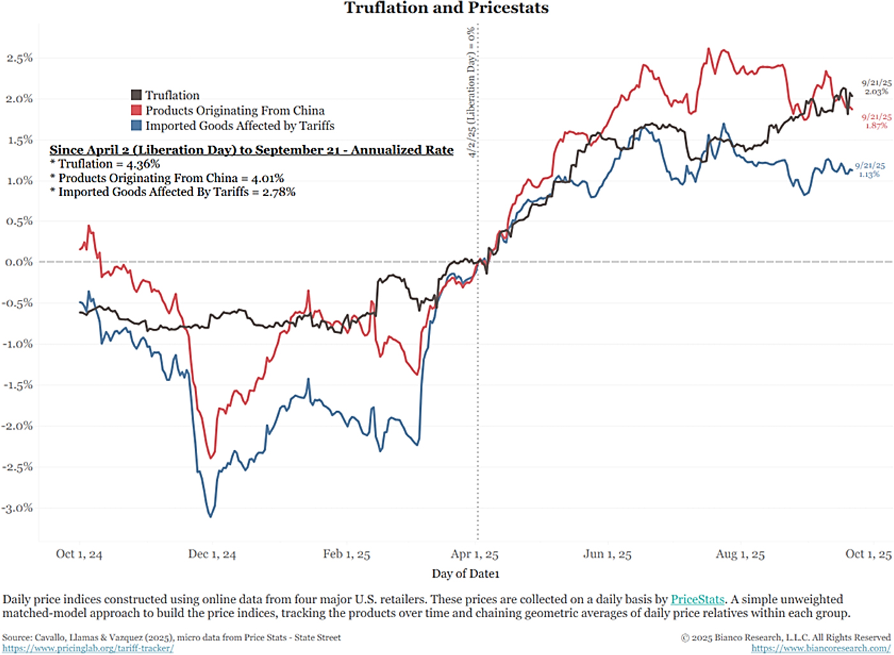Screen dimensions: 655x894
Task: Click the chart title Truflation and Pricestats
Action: [446, 8]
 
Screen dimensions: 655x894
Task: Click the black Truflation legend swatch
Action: [137, 95]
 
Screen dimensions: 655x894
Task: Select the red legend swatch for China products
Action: [137, 110]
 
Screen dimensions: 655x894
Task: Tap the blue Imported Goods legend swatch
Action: [137, 126]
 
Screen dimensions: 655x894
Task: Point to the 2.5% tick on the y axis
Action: [19, 58]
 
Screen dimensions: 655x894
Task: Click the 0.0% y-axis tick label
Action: [19, 262]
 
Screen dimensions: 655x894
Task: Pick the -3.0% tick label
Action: [18, 508]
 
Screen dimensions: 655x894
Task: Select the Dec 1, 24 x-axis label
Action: [212, 554]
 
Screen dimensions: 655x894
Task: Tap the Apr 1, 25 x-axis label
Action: [474, 554]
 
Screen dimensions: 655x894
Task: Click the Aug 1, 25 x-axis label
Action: [740, 554]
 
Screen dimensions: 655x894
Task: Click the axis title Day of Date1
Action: [465, 573]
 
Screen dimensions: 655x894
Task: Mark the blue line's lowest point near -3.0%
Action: [211, 516]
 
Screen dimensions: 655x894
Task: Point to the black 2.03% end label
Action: [876, 91]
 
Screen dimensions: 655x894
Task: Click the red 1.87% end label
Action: [876, 125]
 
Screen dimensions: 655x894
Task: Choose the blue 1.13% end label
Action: [869, 174]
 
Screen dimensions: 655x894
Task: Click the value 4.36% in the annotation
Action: [143, 164]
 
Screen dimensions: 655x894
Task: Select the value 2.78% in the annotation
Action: [278, 192]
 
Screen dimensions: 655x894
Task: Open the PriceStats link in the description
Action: [697, 599]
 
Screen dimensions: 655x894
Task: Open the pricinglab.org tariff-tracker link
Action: [87, 648]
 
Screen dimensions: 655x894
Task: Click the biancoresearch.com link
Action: [821, 648]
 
